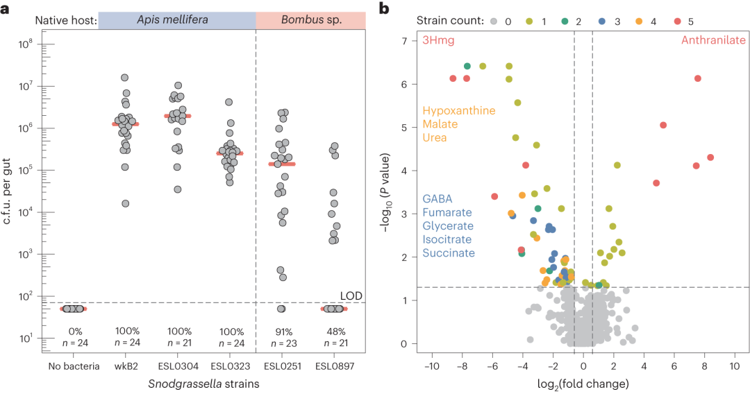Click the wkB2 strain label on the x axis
pyautogui.click(x=125, y=366)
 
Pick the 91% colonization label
pyautogui.click(x=281, y=330)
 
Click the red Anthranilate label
pyautogui.click(x=713, y=40)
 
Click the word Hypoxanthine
pyautogui.click(x=458, y=111)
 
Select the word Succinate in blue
pyautogui.click(x=449, y=253)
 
